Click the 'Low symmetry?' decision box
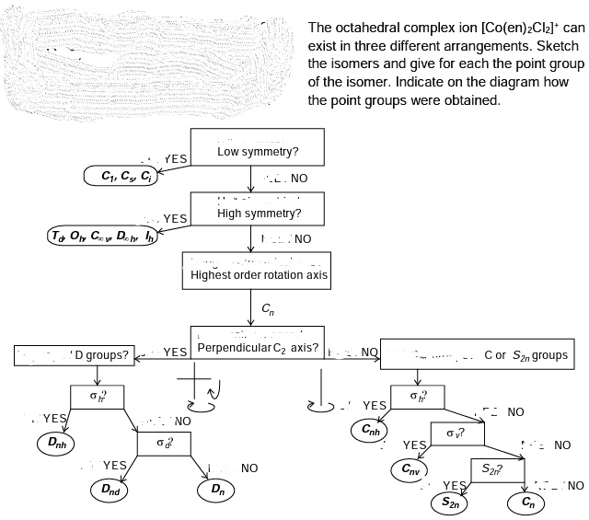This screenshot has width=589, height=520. (257, 150)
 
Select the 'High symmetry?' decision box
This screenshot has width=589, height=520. (257, 212)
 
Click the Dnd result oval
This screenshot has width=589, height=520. (115, 489)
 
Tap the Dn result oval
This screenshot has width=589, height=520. (216, 489)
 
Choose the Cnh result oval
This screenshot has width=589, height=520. (372, 430)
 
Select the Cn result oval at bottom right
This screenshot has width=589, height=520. (527, 503)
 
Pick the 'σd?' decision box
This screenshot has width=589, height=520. (162, 443)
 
